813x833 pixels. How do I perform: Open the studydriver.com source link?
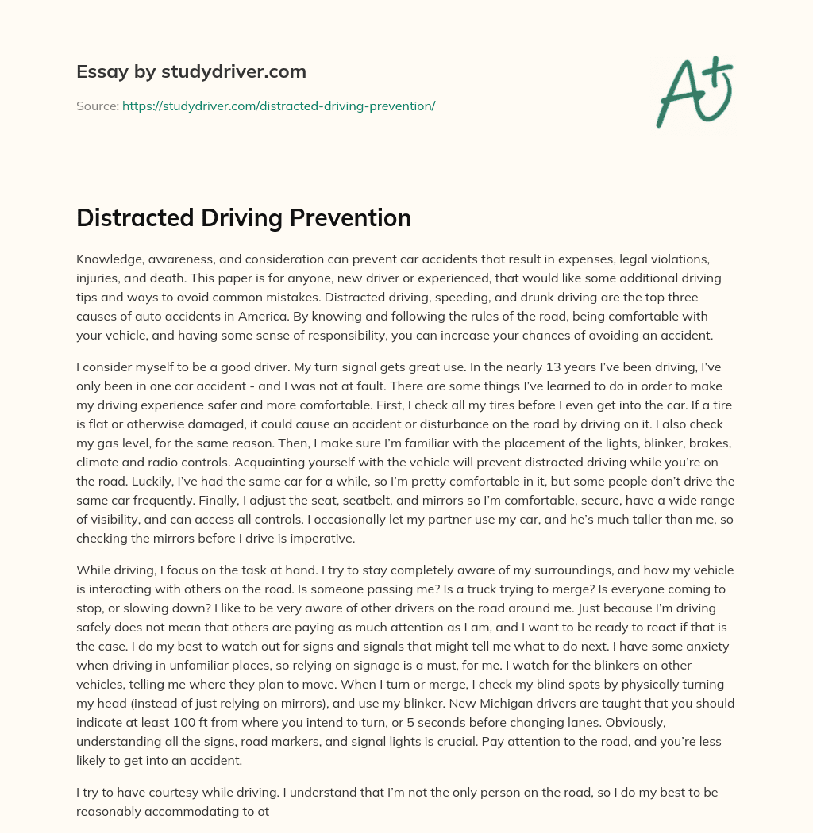point(279,106)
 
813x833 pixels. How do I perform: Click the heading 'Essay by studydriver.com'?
point(191,71)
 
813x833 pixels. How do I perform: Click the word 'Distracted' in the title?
point(136,217)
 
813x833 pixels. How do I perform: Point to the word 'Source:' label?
point(97,106)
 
